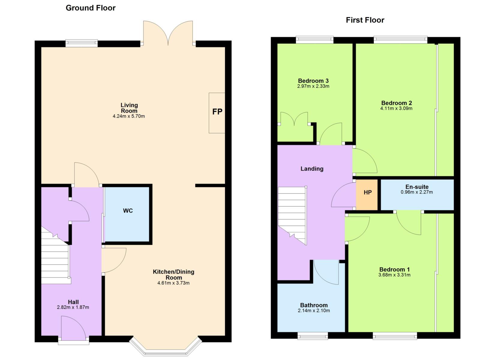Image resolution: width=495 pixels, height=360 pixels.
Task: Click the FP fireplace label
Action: pyautogui.click(x=217, y=112)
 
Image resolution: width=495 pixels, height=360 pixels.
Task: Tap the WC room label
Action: pyautogui.click(x=128, y=211)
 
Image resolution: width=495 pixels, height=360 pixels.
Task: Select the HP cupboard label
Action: pyautogui.click(x=367, y=193)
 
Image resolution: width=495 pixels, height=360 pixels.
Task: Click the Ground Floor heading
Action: pyautogui.click(x=91, y=8)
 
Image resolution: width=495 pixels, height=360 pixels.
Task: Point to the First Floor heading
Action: pyautogui.click(x=365, y=20)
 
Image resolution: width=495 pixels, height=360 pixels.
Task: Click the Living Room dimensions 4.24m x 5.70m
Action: pyautogui.click(x=129, y=116)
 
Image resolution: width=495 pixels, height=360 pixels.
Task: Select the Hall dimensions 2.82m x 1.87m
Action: pyautogui.click(x=73, y=307)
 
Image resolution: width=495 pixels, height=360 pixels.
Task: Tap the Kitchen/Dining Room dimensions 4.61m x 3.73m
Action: pyautogui.click(x=173, y=283)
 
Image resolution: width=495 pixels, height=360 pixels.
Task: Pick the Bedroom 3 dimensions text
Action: pyautogui.click(x=313, y=86)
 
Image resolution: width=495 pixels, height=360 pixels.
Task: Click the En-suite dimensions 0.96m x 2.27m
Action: pyautogui.click(x=417, y=192)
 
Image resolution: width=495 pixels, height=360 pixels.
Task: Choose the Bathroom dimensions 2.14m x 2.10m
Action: pyautogui.click(x=314, y=310)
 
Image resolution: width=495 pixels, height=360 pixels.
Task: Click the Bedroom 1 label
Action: pyautogui.click(x=394, y=269)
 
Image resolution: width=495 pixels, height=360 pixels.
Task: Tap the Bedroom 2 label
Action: pyautogui.click(x=397, y=103)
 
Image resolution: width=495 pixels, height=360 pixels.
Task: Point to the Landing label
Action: pyautogui.click(x=312, y=169)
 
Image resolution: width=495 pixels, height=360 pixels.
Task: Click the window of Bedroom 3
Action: pyautogui.click(x=315, y=40)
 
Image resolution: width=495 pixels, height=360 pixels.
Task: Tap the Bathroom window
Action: pyautogui.click(x=313, y=336)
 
